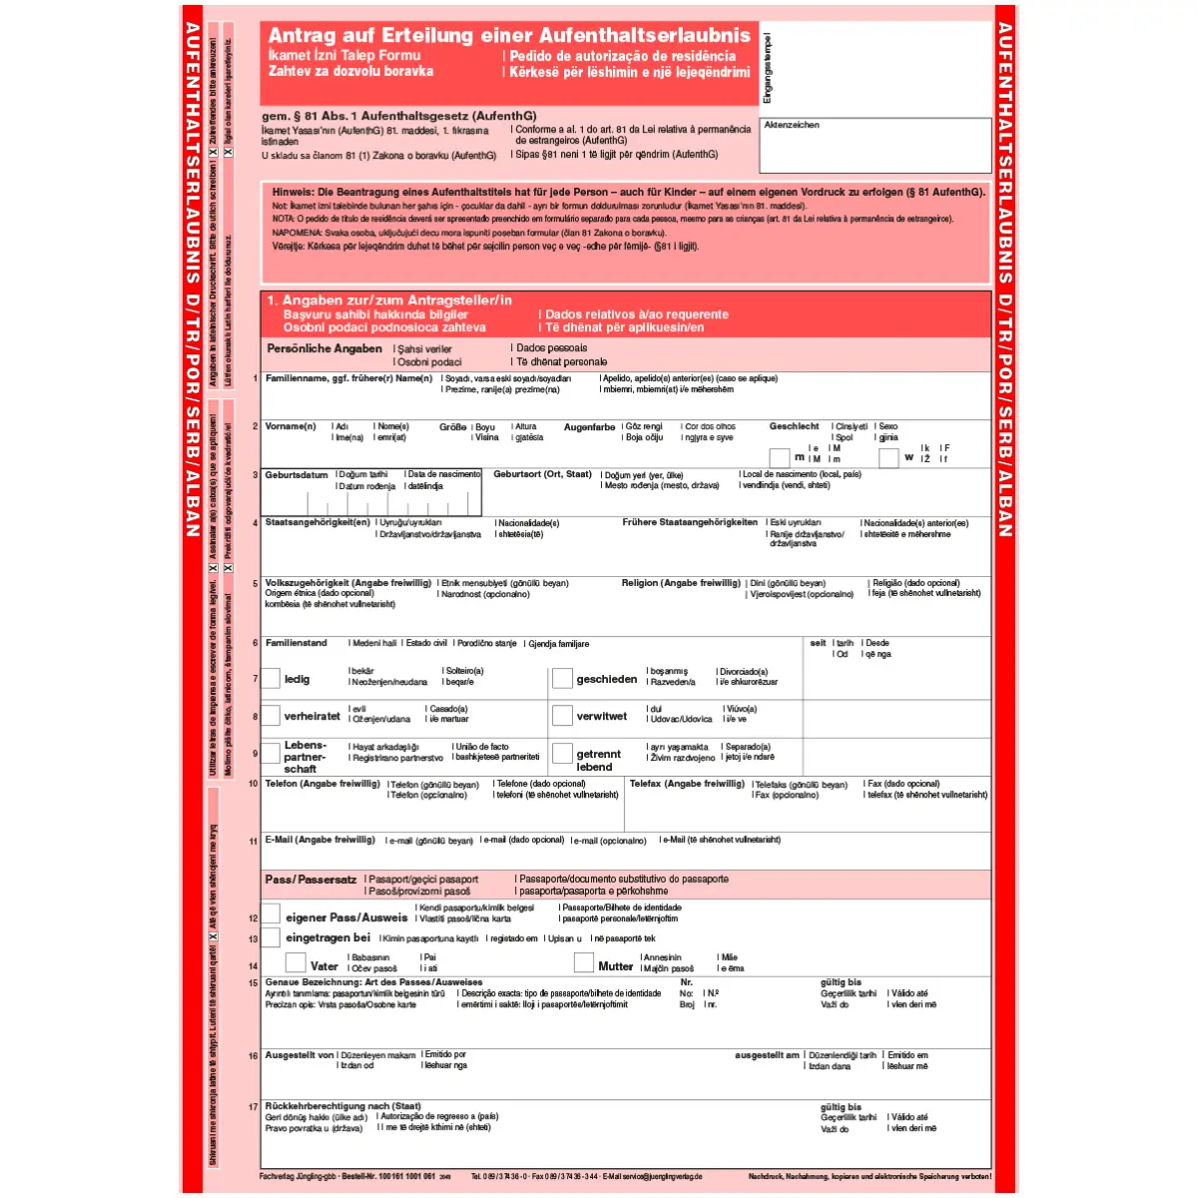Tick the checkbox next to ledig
click(271, 679)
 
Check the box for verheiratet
click(271, 716)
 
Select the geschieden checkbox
click(562, 679)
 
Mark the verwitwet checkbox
click(562, 716)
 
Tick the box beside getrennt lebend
click(562, 755)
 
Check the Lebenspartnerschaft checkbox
click(271, 755)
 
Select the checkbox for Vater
click(296, 962)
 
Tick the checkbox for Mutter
click(584, 962)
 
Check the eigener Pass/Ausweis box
click(271, 914)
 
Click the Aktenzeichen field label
click(792, 126)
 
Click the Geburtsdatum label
click(297, 475)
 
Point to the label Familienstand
click(297, 643)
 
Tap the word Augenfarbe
click(589, 427)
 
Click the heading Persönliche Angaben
click(324, 348)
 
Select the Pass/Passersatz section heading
click(310, 880)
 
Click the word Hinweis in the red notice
click(293, 192)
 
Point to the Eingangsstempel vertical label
click(768, 68)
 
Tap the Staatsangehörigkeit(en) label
click(317, 522)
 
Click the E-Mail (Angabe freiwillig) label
click(320, 840)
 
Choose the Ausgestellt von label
click(299, 1055)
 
